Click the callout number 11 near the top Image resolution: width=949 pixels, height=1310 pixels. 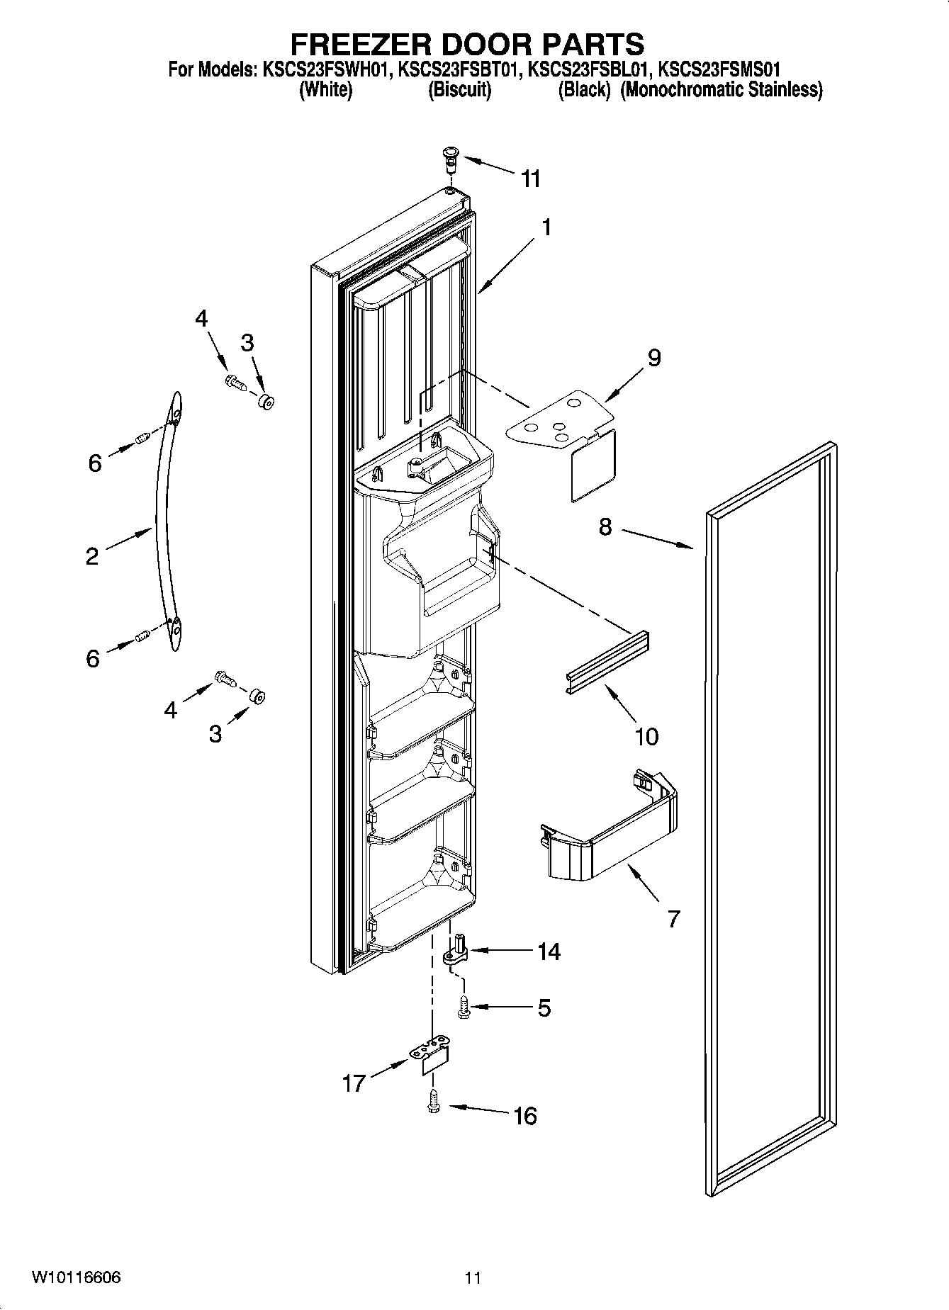click(531, 179)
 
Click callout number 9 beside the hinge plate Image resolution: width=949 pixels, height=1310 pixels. click(653, 358)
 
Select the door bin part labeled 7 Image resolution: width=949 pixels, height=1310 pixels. click(610, 829)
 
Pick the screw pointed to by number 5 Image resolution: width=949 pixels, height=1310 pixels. click(465, 1007)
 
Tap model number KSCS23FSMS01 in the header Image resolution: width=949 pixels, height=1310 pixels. click(719, 69)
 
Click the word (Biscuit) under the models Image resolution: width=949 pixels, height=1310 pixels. click(459, 90)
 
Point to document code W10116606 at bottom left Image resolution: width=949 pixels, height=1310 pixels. click(76, 1277)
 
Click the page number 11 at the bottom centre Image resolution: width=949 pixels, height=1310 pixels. click(473, 1278)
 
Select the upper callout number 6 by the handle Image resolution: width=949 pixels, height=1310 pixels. click(95, 463)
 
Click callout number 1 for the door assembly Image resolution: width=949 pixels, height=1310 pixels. click(546, 227)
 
